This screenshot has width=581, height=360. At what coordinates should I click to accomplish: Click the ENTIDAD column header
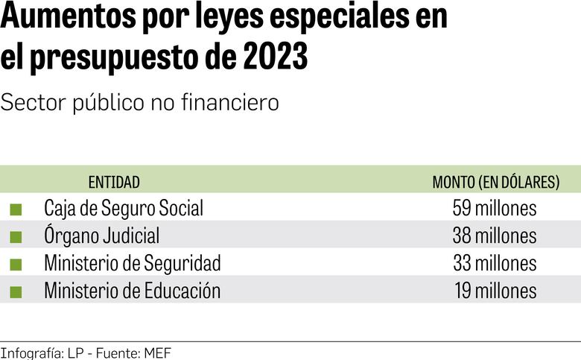click(114, 182)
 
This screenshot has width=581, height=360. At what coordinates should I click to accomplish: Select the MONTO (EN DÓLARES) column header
click(495, 182)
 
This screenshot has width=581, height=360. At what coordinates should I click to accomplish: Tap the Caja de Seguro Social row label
click(123, 208)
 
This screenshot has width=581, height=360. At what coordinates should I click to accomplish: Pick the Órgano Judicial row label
click(101, 236)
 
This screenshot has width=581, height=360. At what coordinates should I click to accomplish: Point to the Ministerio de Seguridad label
click(132, 263)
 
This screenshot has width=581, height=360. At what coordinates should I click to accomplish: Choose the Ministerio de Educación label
click(132, 291)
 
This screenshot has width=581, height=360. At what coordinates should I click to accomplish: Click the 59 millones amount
click(495, 208)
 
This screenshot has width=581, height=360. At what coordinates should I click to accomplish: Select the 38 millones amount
click(495, 236)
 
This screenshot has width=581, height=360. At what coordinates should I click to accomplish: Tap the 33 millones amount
click(495, 263)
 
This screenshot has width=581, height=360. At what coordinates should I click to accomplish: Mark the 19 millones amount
click(495, 291)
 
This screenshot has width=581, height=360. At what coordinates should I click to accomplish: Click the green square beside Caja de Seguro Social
click(16, 209)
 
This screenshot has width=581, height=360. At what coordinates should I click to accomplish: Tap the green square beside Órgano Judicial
click(16, 237)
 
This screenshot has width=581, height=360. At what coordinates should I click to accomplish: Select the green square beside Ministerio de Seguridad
click(16, 265)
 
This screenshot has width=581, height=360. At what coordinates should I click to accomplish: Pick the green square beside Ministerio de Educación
click(16, 291)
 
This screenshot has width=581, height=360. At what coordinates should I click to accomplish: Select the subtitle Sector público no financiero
click(140, 103)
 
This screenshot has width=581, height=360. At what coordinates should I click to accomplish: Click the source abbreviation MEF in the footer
click(159, 353)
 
